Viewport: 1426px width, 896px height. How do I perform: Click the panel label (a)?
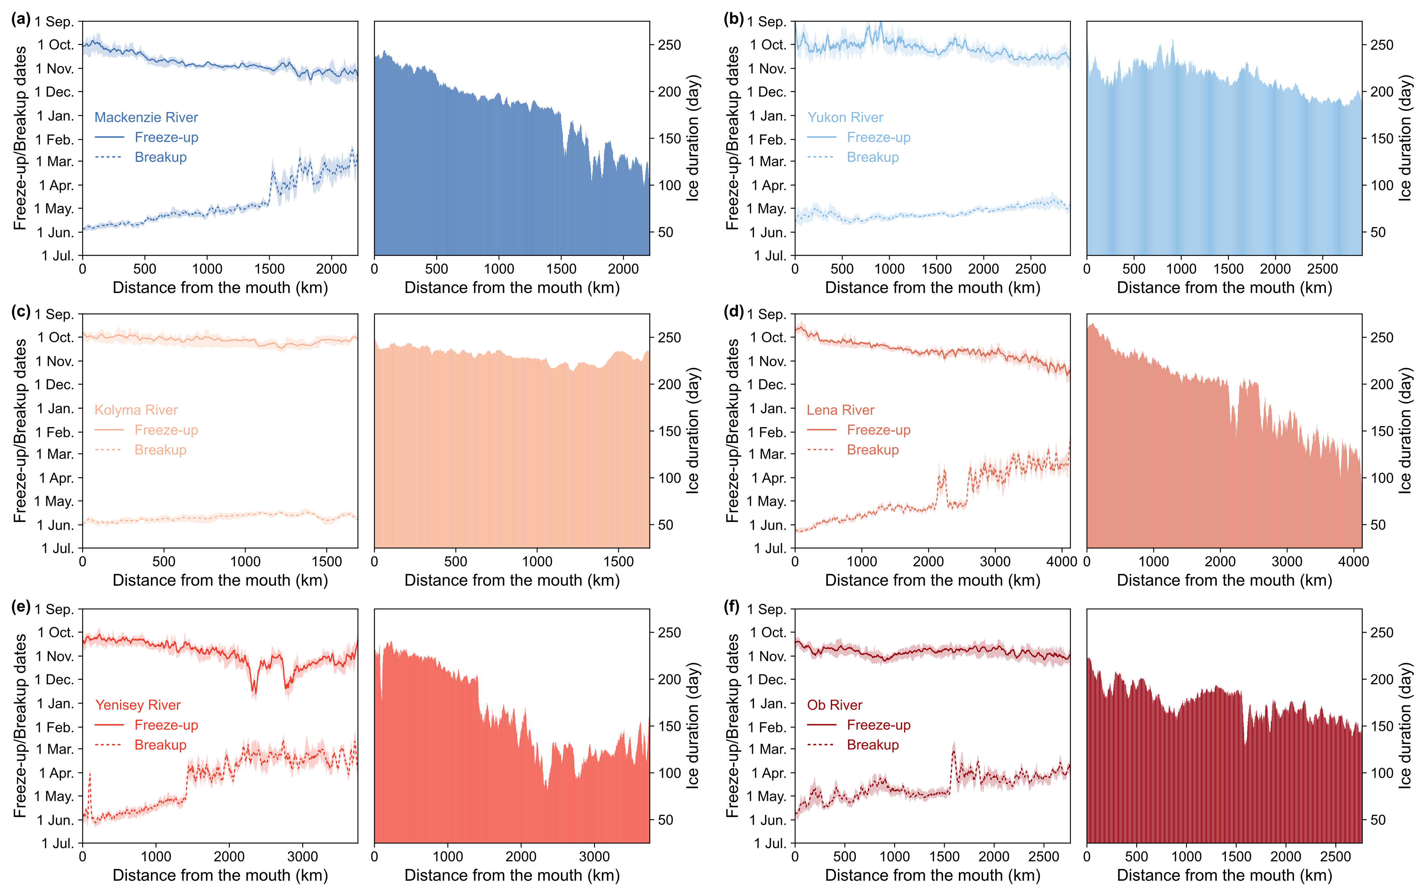(x=21, y=20)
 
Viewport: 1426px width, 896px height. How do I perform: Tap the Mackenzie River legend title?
(x=146, y=117)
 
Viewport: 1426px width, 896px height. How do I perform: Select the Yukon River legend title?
(x=845, y=117)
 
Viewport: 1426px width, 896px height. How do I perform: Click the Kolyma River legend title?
(x=136, y=410)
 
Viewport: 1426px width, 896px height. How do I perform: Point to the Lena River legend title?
(x=840, y=410)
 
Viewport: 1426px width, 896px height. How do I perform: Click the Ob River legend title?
(x=834, y=705)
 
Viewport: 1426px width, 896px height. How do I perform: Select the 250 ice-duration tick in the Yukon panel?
(x=1382, y=45)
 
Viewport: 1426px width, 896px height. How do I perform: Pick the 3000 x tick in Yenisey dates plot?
(x=302, y=856)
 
